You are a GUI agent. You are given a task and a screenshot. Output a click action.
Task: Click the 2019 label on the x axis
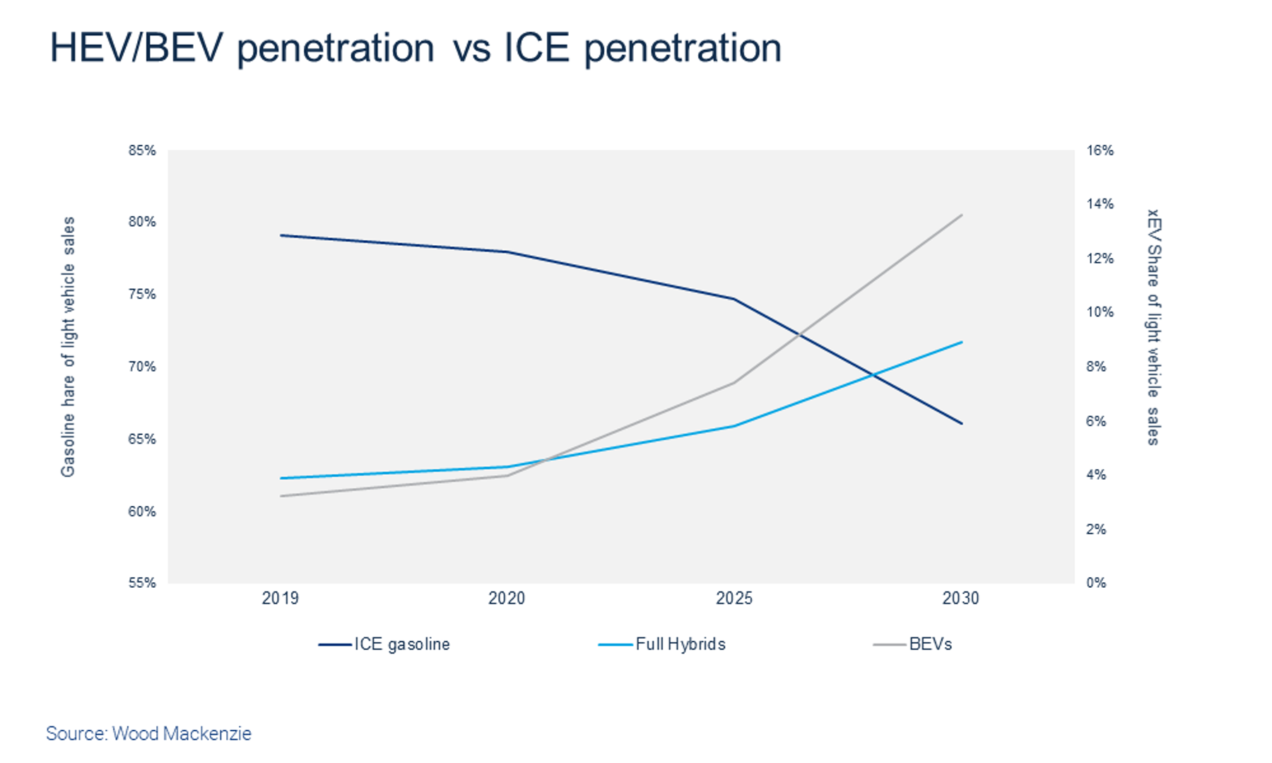point(280,598)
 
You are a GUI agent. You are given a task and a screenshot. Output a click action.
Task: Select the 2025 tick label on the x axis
point(734,598)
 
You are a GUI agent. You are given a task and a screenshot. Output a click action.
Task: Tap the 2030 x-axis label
point(960,598)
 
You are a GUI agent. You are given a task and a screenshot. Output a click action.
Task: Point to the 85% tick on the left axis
point(142,150)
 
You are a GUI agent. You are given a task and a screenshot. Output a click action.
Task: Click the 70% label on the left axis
point(142,367)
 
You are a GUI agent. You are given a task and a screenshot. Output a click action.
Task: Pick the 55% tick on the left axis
point(142,583)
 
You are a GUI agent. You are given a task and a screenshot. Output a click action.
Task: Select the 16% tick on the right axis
point(1100,150)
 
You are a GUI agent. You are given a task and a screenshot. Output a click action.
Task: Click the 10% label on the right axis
point(1100,312)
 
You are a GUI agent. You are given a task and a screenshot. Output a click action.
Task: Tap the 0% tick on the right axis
point(1096,583)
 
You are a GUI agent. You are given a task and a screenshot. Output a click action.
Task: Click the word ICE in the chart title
point(536,48)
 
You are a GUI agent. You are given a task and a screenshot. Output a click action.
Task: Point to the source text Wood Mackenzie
point(182,733)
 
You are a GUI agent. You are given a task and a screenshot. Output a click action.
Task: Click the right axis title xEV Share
point(1153,326)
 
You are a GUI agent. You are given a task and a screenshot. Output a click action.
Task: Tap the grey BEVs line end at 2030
point(962,215)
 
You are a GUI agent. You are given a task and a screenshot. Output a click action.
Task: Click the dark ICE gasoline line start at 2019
point(281,235)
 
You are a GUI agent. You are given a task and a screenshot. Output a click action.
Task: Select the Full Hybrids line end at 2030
point(962,342)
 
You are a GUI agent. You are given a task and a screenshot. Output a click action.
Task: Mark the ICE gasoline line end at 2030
point(962,424)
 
